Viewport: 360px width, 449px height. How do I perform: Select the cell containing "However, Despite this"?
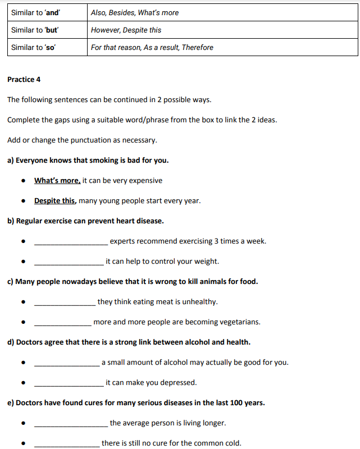click(126, 30)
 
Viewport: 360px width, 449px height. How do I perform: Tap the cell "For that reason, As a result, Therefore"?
click(152, 48)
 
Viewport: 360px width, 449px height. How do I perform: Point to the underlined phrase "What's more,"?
click(57, 181)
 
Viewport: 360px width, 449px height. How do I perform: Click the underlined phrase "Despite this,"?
click(55, 201)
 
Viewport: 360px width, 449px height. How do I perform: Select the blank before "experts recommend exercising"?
click(71, 242)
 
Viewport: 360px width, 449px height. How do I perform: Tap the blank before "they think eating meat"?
click(65, 303)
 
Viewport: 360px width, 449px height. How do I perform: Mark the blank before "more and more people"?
click(62, 323)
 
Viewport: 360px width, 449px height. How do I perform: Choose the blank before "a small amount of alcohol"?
click(67, 364)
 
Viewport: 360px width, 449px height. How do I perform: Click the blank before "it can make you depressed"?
click(69, 384)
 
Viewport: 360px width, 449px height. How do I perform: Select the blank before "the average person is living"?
click(71, 424)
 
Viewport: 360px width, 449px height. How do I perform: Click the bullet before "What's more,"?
click(23, 181)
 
